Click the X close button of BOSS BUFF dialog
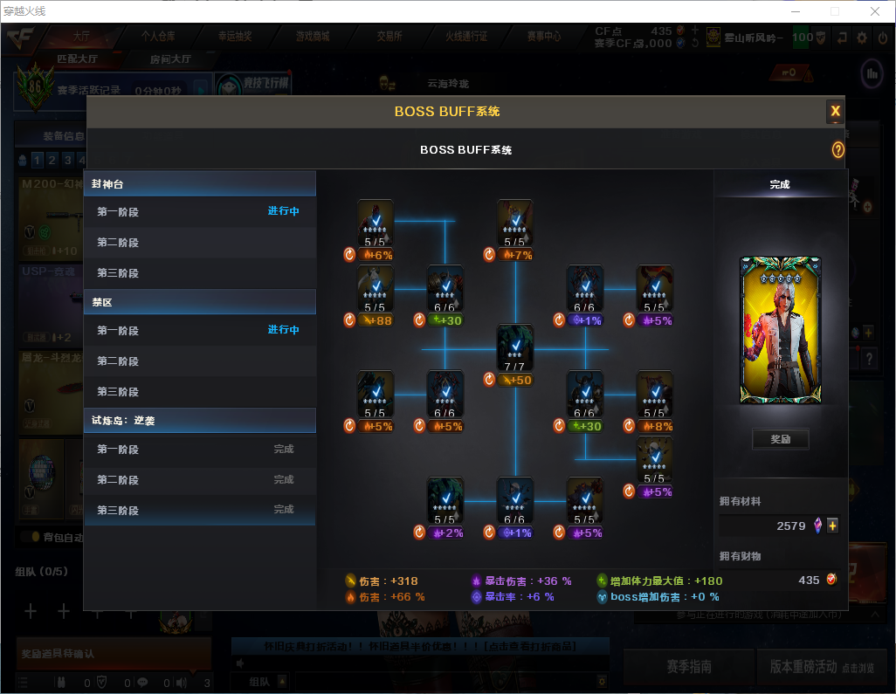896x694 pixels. [x=835, y=111]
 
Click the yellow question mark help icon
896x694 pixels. [x=837, y=150]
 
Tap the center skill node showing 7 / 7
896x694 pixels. [x=514, y=347]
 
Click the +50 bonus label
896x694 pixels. [x=520, y=380]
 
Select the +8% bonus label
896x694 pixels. [x=659, y=427]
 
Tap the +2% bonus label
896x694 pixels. [x=450, y=533]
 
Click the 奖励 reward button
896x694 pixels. [x=780, y=439]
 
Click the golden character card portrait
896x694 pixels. [x=780, y=330]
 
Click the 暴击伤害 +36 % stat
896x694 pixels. [x=520, y=581]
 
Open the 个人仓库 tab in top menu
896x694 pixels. [x=158, y=37]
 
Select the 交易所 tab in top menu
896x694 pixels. [x=389, y=37]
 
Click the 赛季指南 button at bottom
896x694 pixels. [x=689, y=667]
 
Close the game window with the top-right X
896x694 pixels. [x=874, y=11]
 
